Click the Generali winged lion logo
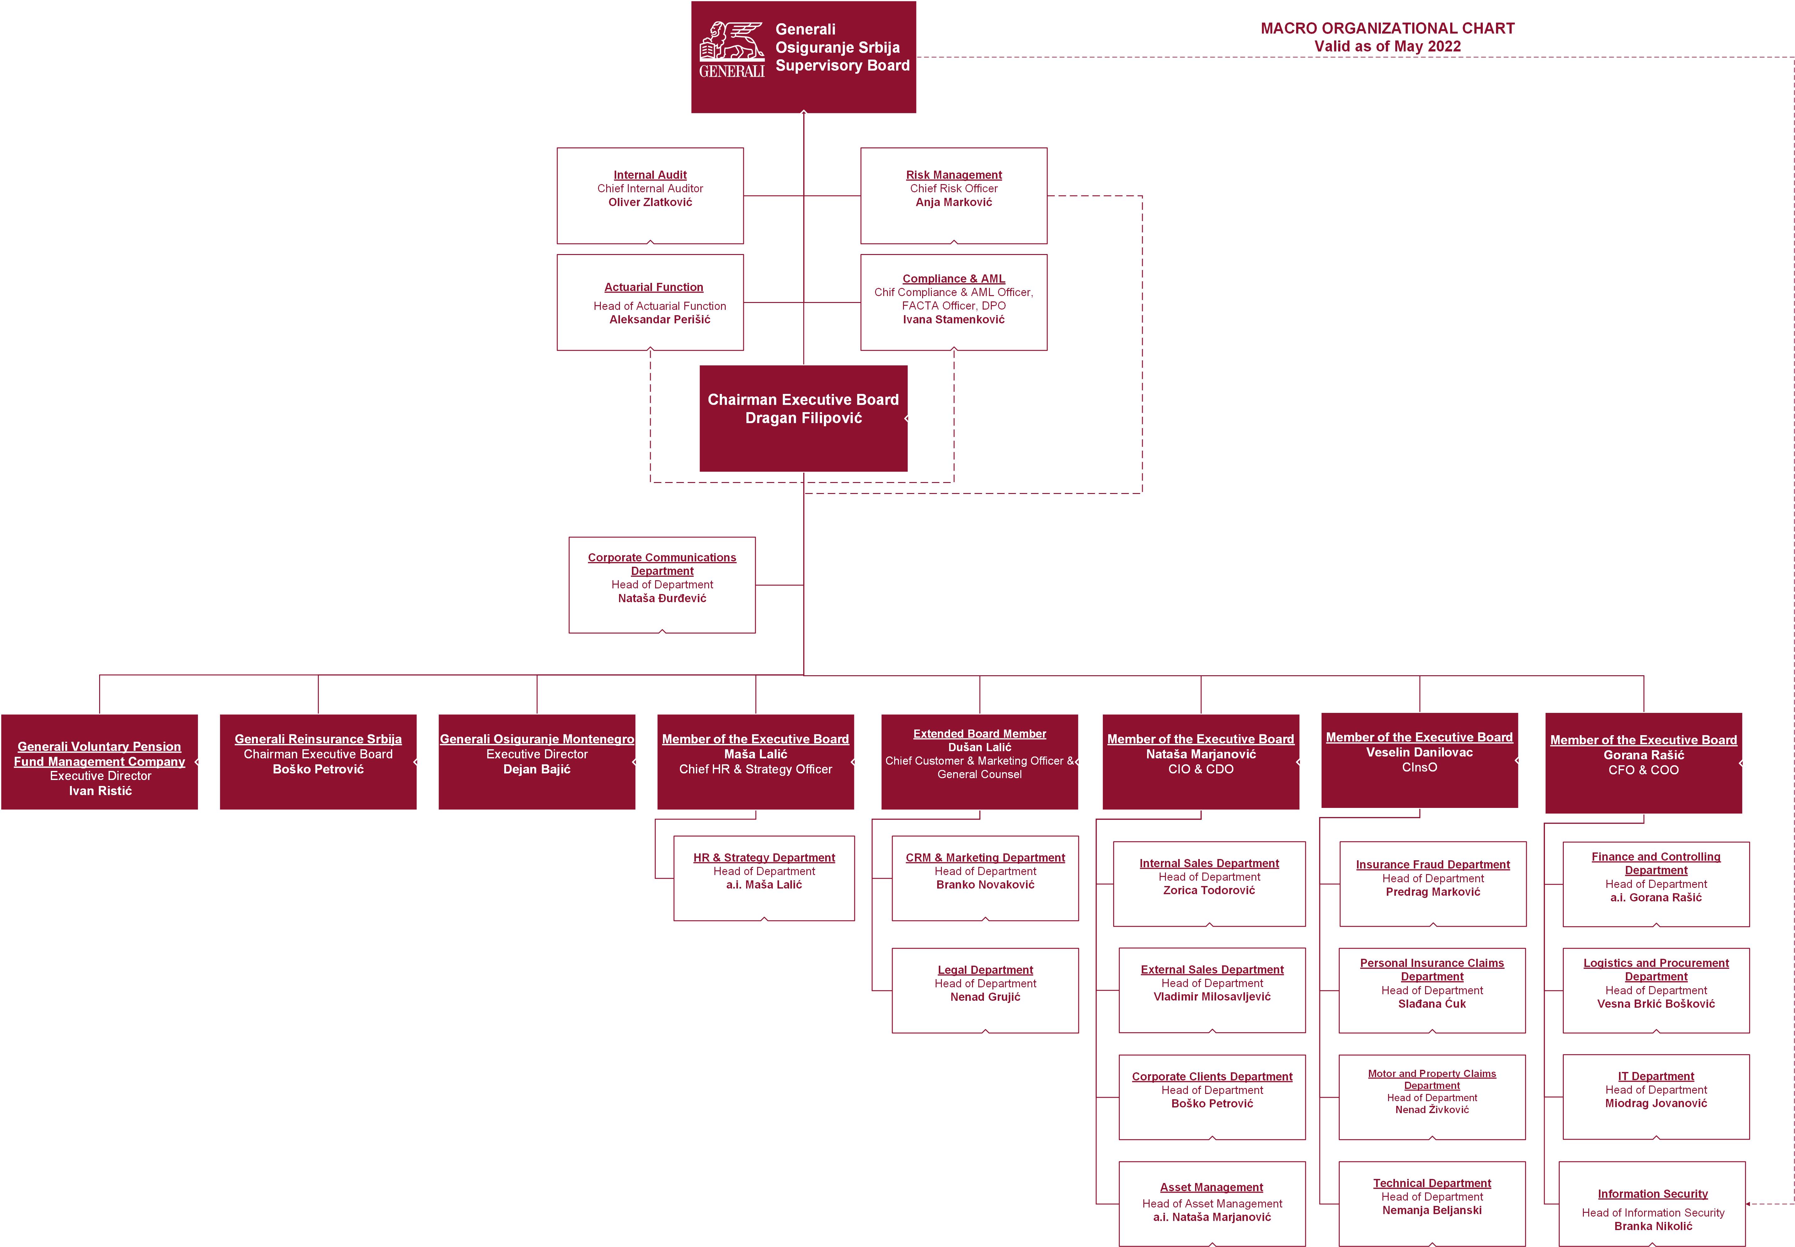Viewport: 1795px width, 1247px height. pyautogui.click(x=731, y=49)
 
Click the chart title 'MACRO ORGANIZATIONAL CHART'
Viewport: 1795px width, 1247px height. pyautogui.click(x=1387, y=28)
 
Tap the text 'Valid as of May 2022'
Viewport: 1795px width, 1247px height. pyautogui.click(x=1387, y=46)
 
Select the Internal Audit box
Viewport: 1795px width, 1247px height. pyautogui.click(x=650, y=195)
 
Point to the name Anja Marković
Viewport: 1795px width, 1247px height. pyautogui.click(x=954, y=202)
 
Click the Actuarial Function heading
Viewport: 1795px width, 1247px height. pyautogui.click(x=653, y=288)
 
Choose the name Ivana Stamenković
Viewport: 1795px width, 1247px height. pyautogui.click(x=954, y=320)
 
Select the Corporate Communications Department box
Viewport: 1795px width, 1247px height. pyautogui.click(x=662, y=584)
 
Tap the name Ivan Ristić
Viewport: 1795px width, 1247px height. pyautogui.click(x=100, y=791)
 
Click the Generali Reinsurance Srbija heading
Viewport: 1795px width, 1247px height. pyautogui.click(x=318, y=739)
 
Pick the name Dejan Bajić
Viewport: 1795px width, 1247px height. pyautogui.click(x=537, y=770)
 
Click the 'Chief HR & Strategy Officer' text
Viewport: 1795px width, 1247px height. pyautogui.click(x=756, y=770)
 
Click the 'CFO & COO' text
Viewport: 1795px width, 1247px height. pyautogui.click(x=1643, y=770)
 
